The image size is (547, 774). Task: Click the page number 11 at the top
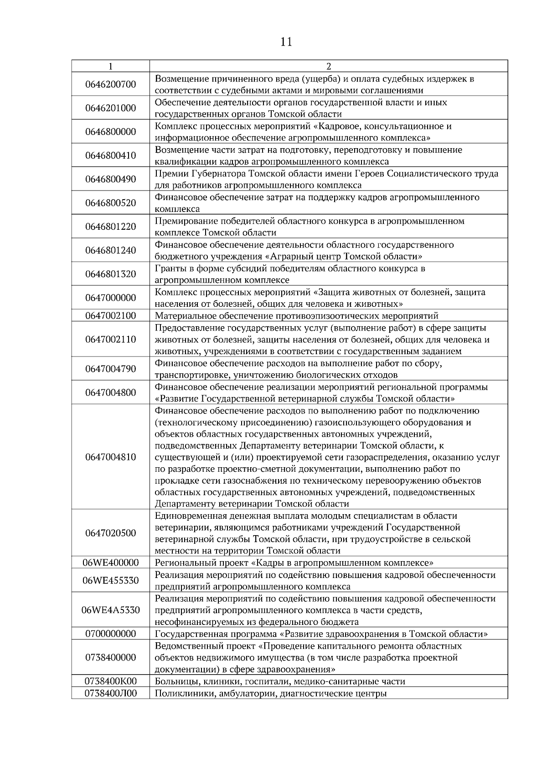click(x=286, y=42)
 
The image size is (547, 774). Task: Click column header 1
click(x=110, y=66)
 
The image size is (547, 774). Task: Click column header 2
click(x=329, y=66)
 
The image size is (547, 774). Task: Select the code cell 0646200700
click(x=110, y=84)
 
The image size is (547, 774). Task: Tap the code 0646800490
click(x=110, y=179)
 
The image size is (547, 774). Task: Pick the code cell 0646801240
click(x=110, y=250)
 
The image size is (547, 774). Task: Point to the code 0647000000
click(x=110, y=298)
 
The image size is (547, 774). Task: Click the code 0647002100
click(x=110, y=315)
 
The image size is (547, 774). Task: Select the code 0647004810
click(x=110, y=457)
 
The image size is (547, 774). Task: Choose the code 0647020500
click(x=110, y=533)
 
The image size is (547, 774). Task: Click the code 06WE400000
click(x=110, y=562)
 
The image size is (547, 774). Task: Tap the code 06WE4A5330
click(x=110, y=610)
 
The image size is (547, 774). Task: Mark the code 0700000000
click(x=110, y=634)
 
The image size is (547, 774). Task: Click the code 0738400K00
click(x=110, y=681)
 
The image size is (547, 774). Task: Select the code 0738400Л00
click(x=110, y=693)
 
